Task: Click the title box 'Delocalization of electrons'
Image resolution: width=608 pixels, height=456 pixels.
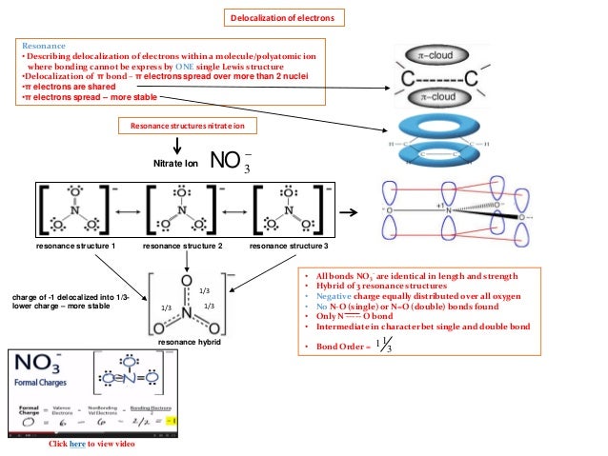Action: [284, 18]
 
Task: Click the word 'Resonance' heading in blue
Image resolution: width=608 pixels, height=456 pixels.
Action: [46, 45]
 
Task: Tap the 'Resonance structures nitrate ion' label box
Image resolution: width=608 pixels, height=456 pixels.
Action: [187, 126]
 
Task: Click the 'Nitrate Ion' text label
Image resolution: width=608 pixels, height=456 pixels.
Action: [174, 164]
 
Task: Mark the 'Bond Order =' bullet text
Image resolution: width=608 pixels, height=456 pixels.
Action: [330, 346]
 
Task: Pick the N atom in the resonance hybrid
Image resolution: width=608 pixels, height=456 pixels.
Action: [188, 307]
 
